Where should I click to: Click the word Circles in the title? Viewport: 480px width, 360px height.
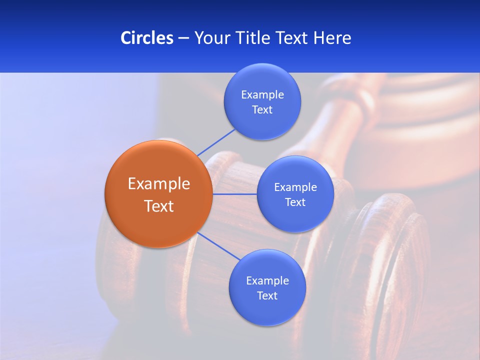146,38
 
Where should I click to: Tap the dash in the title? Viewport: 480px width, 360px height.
183,38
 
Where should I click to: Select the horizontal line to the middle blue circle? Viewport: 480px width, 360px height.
234,194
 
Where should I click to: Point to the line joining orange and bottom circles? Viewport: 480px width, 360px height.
218,246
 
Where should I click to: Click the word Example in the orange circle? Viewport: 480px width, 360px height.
159,184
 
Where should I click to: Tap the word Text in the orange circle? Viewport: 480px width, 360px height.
159,206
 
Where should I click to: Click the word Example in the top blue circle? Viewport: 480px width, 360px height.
262,95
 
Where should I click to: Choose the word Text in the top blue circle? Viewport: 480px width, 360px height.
262,110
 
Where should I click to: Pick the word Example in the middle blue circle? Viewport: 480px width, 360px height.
295,187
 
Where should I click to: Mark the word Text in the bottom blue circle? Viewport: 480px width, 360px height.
267,296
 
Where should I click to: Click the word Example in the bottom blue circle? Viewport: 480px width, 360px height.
267,281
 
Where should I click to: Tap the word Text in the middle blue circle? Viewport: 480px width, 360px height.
295,202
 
